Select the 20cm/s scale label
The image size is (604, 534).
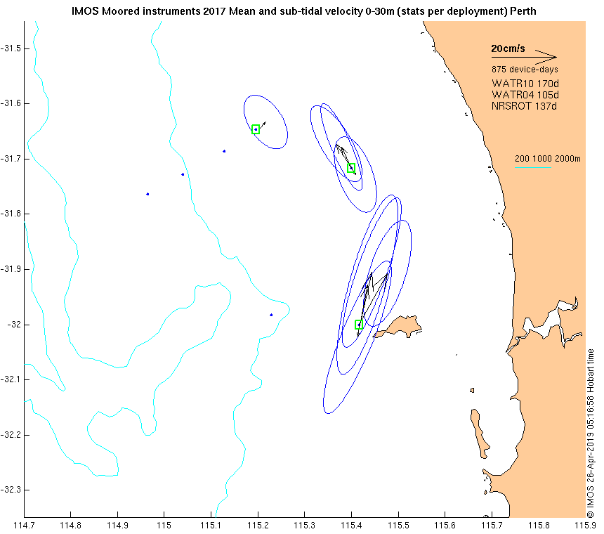coord(508,49)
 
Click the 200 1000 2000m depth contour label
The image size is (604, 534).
coord(548,159)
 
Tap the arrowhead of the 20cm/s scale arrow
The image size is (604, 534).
coord(554,57)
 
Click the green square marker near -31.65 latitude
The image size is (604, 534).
coord(256,129)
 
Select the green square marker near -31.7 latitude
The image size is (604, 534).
coord(351,167)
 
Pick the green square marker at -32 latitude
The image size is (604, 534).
coord(359,325)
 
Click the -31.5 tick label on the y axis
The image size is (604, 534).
coord(12,48)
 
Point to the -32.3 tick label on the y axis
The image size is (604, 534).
coord(12,490)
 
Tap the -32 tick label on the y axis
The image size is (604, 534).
coord(15,325)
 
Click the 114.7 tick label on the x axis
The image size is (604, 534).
coord(24,524)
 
